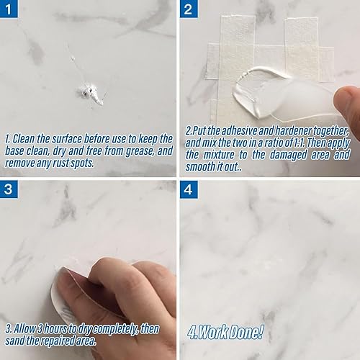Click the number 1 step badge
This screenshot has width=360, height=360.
[x=9, y=9]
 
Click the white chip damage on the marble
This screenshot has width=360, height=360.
[x=92, y=91]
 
